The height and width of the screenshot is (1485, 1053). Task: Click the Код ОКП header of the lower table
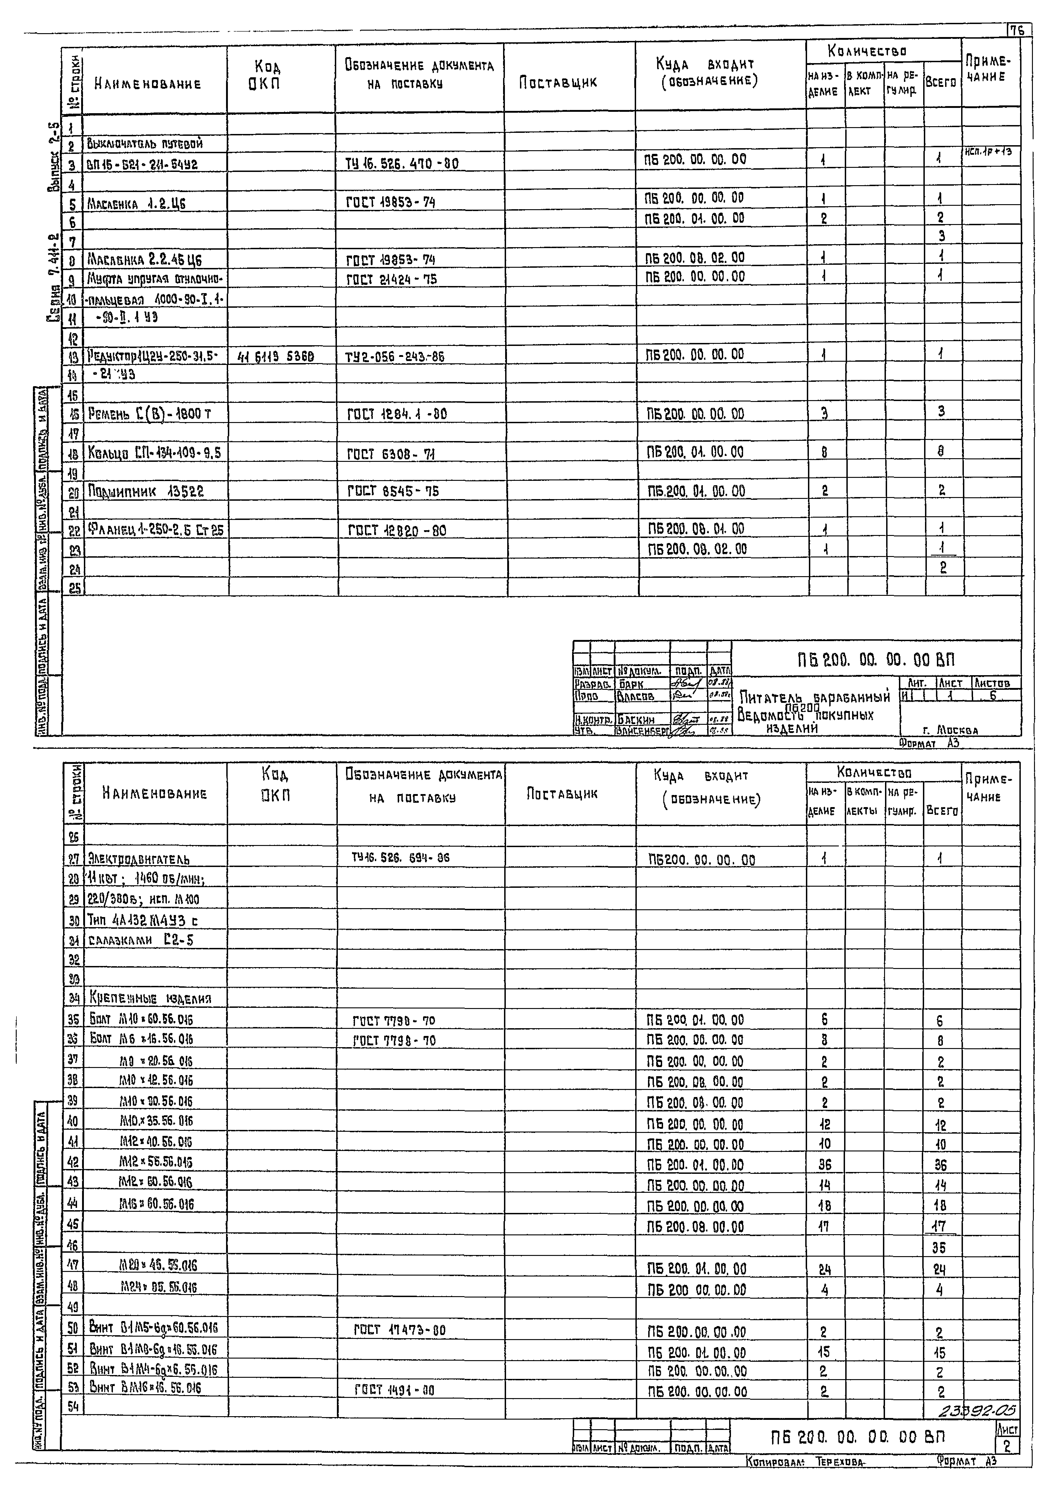click(x=276, y=784)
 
